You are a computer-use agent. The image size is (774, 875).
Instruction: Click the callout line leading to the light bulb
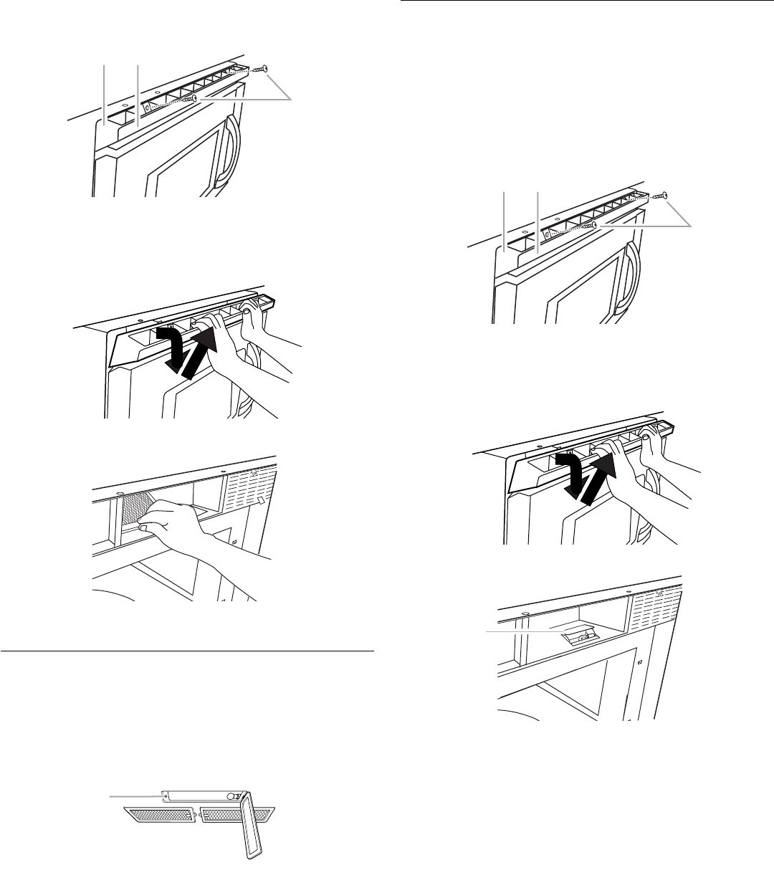coord(520,631)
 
